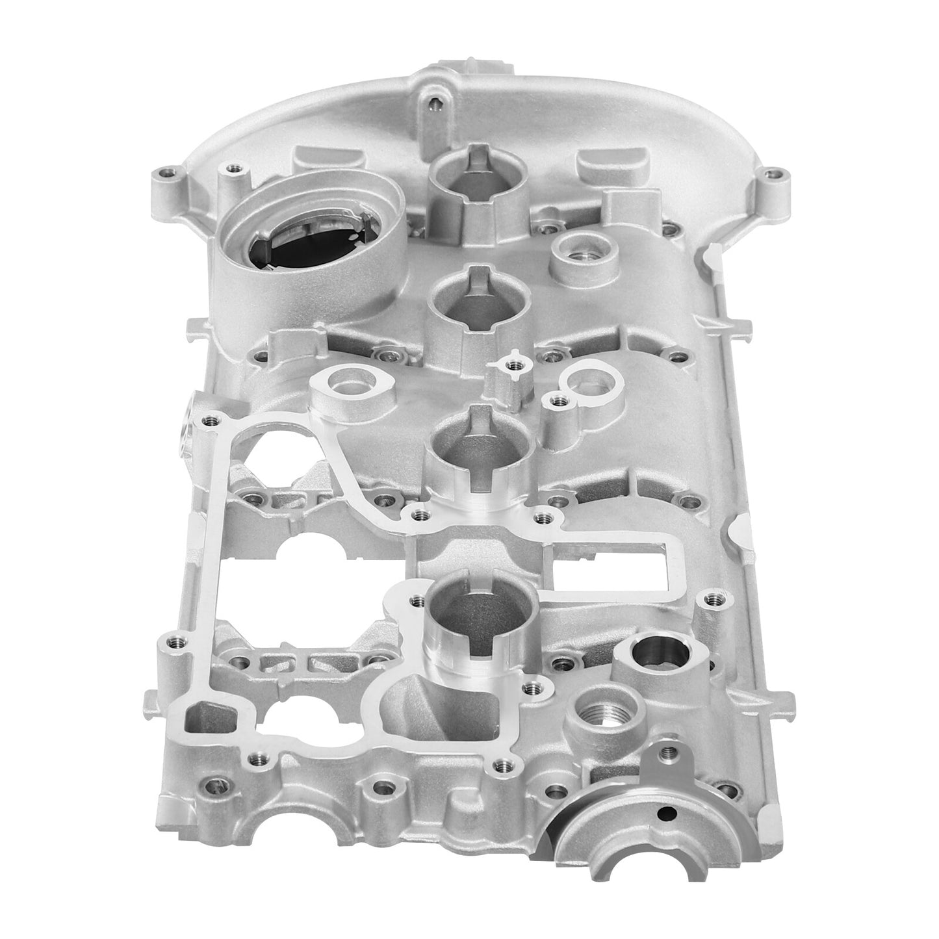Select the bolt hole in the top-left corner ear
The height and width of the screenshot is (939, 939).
tap(170, 173)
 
